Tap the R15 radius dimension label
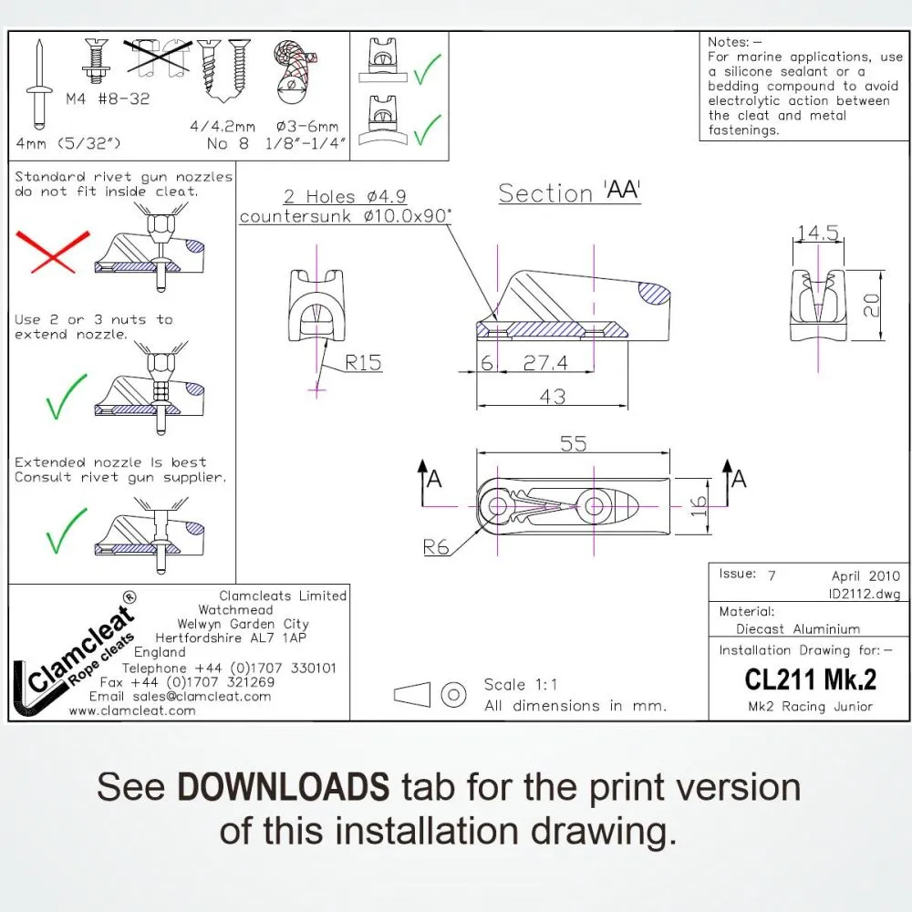point(363,363)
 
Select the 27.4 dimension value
point(544,363)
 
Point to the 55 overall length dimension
point(572,444)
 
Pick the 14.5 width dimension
point(817,233)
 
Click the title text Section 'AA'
point(569,193)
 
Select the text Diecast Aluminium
point(798,628)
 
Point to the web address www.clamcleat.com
point(131,710)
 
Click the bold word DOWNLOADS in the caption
point(283,786)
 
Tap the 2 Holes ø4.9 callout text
point(344,196)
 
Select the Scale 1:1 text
point(521,685)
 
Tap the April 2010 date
point(865,575)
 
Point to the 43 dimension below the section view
point(553,397)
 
